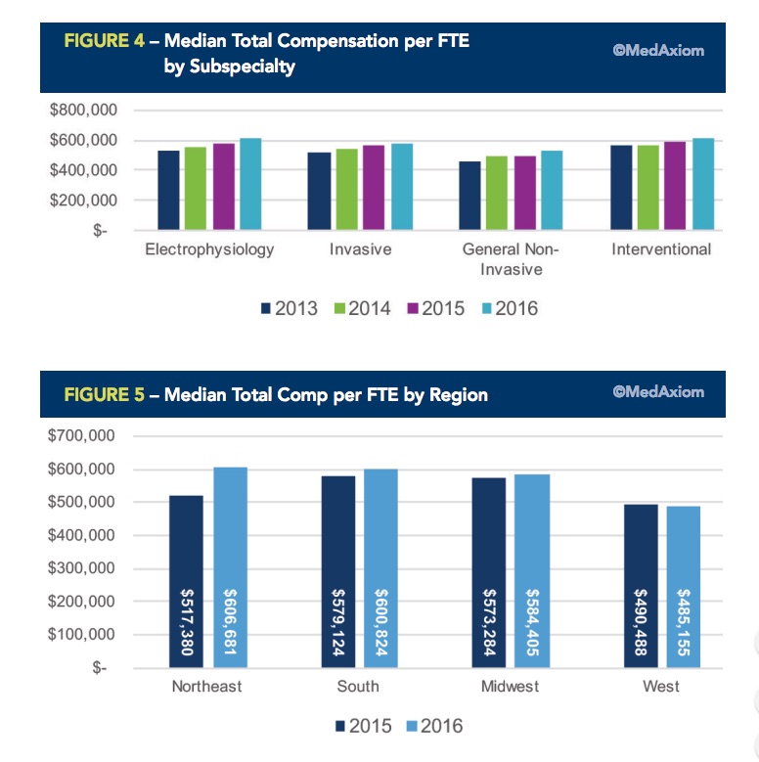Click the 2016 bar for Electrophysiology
(x=250, y=184)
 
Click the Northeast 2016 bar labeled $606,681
(x=231, y=567)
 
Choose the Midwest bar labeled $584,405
(x=533, y=571)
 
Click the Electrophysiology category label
(x=209, y=249)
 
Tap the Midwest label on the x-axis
(x=510, y=687)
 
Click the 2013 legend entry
(x=290, y=309)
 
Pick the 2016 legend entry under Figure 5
(x=432, y=726)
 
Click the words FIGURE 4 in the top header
(x=105, y=44)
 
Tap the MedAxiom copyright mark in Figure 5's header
(x=658, y=393)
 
